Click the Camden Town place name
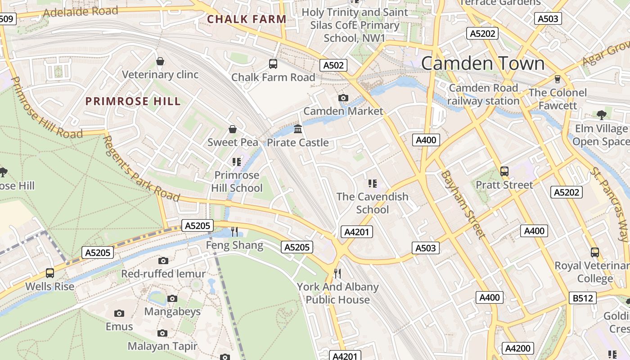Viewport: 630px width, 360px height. (x=483, y=63)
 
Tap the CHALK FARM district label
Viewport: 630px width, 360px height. (x=247, y=19)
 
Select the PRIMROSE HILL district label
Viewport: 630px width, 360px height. (x=133, y=101)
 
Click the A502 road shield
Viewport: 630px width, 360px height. (x=334, y=65)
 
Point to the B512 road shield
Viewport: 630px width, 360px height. (x=584, y=298)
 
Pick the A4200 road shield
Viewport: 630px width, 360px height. (x=518, y=348)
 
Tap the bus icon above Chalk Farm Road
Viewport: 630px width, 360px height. (x=273, y=64)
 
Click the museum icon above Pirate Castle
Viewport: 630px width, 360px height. (x=298, y=129)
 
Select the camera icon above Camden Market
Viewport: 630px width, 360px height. (x=343, y=98)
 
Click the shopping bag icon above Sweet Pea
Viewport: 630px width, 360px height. (x=233, y=130)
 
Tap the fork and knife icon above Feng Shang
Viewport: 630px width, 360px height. (x=234, y=232)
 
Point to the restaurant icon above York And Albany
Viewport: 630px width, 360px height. (x=337, y=273)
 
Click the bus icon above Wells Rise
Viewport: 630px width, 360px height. (x=50, y=273)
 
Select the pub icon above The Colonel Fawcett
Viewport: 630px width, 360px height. (x=558, y=79)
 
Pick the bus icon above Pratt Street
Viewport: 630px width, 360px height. (x=504, y=171)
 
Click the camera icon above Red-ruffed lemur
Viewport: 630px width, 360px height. (x=163, y=261)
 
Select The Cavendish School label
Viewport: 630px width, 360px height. (x=373, y=203)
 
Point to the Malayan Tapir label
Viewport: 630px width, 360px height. (x=162, y=346)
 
